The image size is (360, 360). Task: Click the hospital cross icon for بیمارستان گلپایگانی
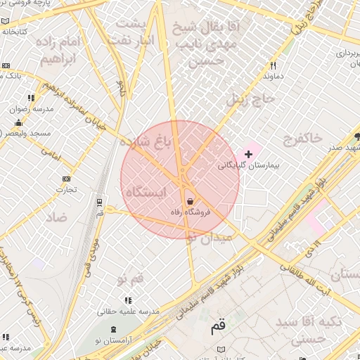pos(248,153)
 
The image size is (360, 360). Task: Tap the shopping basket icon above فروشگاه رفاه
pos(191,201)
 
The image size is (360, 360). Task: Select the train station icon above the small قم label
pos(99,202)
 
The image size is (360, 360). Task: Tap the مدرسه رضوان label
pos(27,109)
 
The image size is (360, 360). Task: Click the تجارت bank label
pos(67,189)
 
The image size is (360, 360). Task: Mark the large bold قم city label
pos(219,327)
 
